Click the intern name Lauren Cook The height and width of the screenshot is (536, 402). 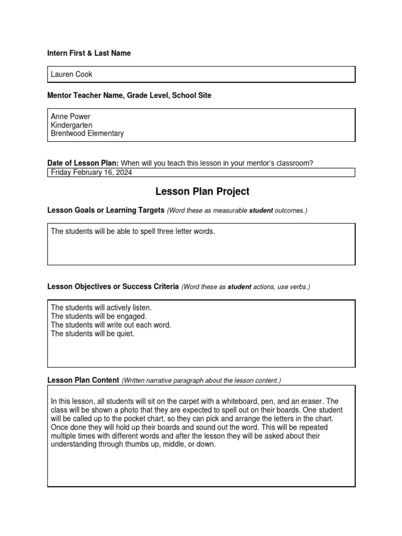[x=71, y=74]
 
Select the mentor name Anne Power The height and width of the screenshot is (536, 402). [x=71, y=116]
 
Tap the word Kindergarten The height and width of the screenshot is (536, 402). [x=71, y=125]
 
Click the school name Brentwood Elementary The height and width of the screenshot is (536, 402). [x=87, y=133]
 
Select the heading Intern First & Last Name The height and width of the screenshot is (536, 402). [x=89, y=53]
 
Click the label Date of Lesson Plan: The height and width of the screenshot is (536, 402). [x=83, y=163]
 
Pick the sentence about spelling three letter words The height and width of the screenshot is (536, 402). [x=132, y=231]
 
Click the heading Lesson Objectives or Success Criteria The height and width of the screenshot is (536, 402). [x=113, y=287]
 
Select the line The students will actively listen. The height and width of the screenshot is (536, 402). [x=101, y=308]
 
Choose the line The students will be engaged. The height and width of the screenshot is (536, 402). [x=98, y=316]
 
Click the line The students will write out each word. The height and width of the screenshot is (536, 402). [x=110, y=325]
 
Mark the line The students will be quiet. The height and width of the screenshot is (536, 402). [x=92, y=333]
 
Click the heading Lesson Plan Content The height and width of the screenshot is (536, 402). [x=83, y=380]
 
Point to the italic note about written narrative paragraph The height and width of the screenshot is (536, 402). [x=202, y=381]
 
